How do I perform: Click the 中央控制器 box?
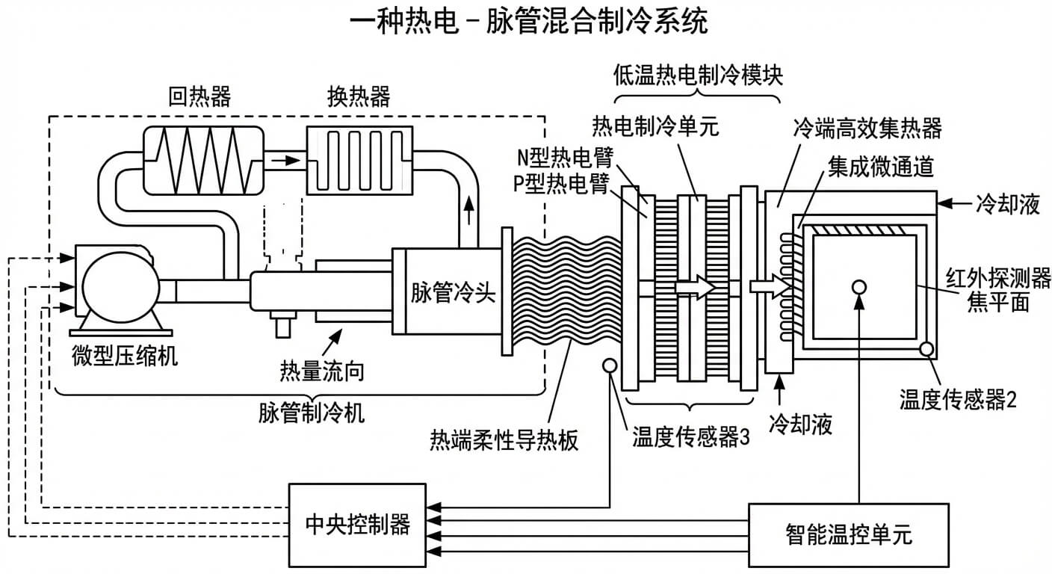click(x=358, y=524)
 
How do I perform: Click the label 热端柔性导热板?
click(x=504, y=440)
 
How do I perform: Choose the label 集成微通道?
click(x=880, y=167)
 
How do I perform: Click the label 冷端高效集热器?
click(x=867, y=128)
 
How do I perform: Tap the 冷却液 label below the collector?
click(x=802, y=425)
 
